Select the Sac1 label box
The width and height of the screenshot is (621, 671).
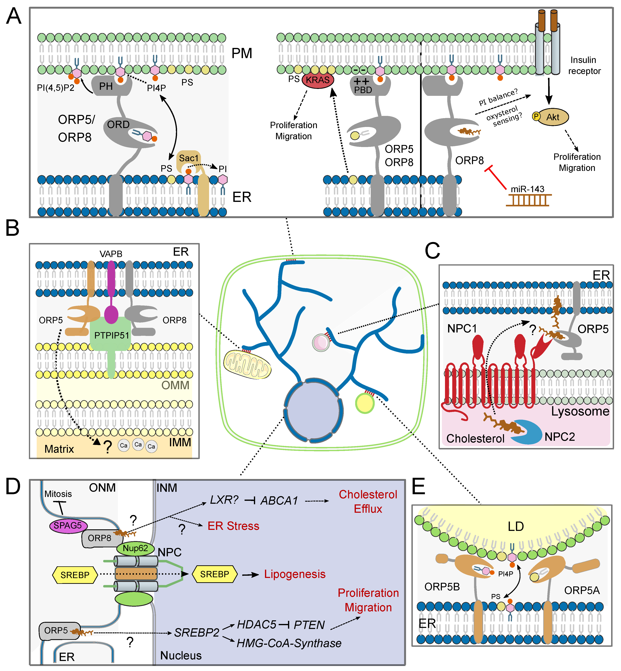pyautogui.click(x=188, y=158)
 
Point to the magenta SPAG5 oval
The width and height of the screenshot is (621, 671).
pyautogui.click(x=68, y=526)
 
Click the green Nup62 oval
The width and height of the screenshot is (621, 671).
pyautogui.click(x=135, y=548)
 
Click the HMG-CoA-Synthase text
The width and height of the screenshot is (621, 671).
pyautogui.click(x=289, y=643)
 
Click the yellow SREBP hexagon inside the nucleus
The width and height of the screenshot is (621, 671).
pyautogui.click(x=214, y=574)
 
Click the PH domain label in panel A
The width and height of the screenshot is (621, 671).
pyautogui.click(x=106, y=86)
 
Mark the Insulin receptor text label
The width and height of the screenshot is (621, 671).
pyautogui.click(x=584, y=66)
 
